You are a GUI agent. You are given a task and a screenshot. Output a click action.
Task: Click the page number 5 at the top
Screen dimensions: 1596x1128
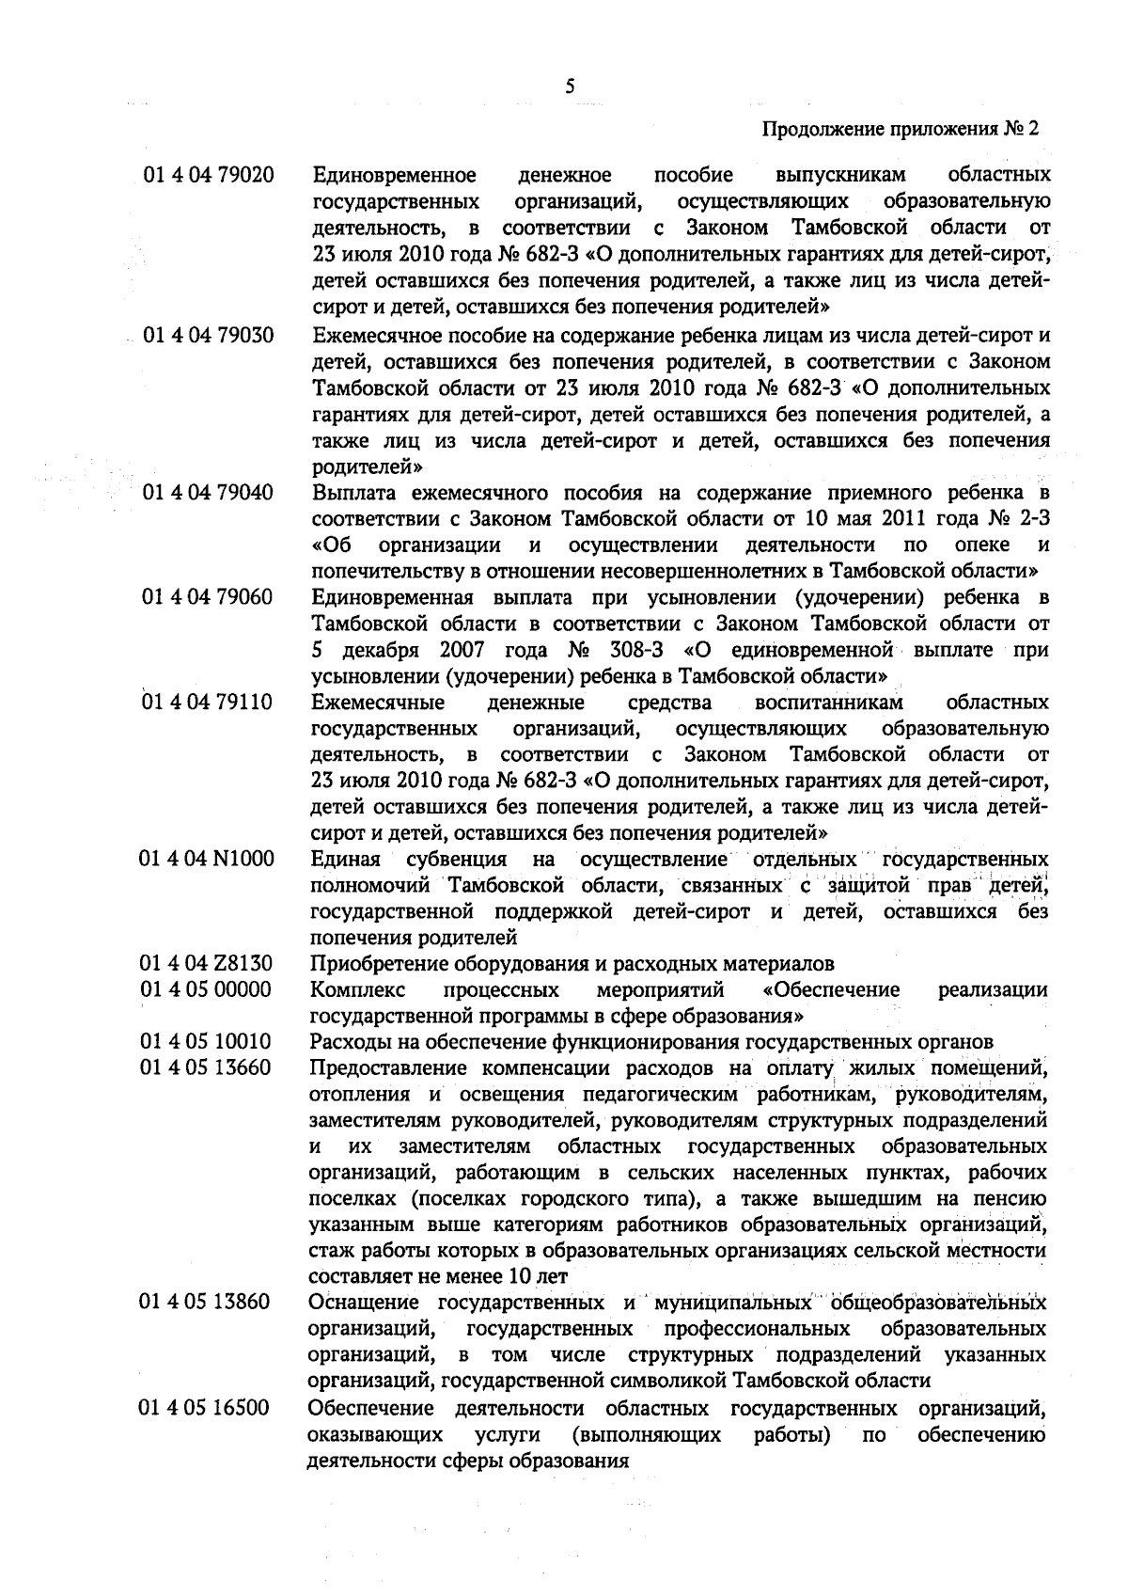coord(570,87)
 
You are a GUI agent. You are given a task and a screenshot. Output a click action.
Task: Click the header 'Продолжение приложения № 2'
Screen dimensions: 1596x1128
coord(901,129)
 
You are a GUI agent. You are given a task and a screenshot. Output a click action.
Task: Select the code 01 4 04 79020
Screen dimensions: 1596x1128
coord(208,176)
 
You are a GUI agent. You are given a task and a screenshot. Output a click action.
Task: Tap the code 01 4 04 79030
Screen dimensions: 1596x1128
coord(208,335)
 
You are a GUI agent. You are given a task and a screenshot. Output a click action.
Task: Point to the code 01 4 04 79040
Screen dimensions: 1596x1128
coord(208,493)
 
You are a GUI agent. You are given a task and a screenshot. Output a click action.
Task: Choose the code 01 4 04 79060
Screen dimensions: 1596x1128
coord(208,598)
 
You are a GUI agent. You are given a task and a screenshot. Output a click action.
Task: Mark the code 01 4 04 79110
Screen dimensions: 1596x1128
coord(208,703)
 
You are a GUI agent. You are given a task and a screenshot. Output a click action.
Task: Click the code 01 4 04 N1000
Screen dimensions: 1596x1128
coord(208,860)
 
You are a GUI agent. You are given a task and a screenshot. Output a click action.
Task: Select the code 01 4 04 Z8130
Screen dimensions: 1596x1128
coord(207,964)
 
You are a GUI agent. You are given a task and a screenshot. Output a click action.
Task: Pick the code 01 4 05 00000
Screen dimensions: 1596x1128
coord(207,989)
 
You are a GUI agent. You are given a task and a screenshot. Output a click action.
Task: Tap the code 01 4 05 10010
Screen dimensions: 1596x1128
coord(207,1042)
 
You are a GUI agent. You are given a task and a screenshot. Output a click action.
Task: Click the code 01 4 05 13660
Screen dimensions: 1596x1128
coord(207,1068)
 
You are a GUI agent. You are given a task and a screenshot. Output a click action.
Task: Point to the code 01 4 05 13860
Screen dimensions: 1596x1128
coord(207,1303)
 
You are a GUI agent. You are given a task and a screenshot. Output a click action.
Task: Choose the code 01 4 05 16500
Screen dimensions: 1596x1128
coord(207,1408)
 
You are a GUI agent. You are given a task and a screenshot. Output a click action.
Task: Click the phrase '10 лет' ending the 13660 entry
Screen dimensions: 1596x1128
coord(539,1276)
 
